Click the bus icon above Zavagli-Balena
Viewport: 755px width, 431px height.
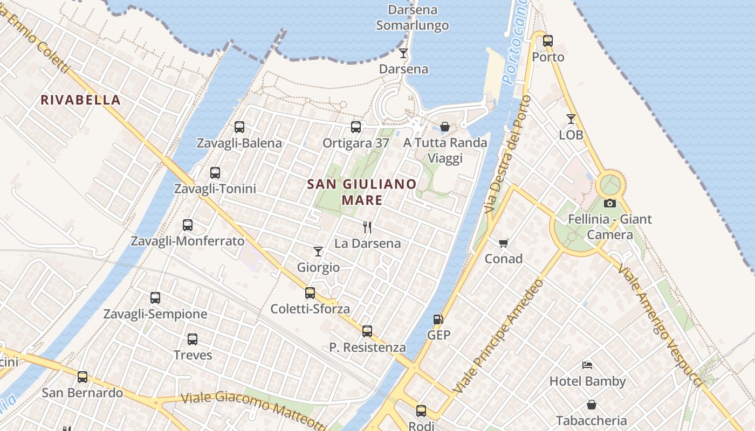239,127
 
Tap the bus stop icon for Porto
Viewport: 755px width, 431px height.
548,41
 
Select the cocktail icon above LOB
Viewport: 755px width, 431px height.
571,119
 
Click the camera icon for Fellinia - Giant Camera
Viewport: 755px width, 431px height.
610,203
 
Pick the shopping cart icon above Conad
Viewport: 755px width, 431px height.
504,243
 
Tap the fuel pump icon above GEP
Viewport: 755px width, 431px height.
438,319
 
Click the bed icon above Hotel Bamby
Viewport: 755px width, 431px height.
587,365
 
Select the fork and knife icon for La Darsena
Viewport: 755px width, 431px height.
367,227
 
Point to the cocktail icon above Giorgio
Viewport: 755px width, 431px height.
318,252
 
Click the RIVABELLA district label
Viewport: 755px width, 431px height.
80,100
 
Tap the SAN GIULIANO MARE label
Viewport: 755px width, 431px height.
362,192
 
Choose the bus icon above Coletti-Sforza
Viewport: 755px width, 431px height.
310,293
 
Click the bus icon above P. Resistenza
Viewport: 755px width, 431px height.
367,331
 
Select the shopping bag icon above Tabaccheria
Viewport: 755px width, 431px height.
592,405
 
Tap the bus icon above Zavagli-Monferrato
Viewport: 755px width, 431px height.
188,225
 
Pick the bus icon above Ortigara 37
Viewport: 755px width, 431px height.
356,127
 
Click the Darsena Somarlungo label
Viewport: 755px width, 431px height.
413,18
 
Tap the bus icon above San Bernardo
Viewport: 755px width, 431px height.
83,377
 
